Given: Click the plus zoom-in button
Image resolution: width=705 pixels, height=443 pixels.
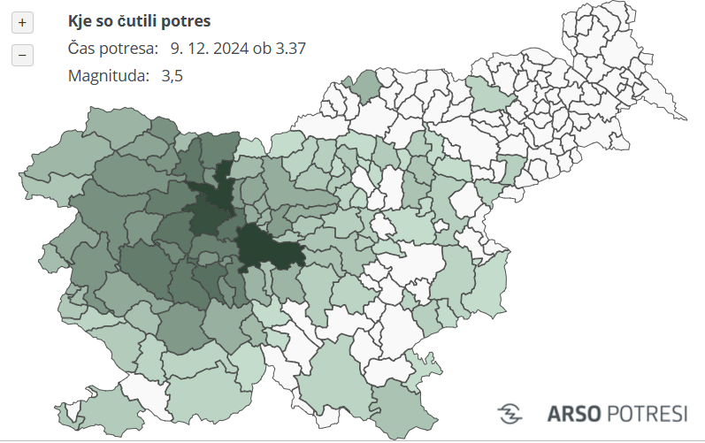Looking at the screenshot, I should tap(22, 21).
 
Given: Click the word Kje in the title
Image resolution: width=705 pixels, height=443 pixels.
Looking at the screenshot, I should tap(81, 20).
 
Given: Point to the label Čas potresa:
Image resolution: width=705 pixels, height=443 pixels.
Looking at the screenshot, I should tap(113, 48).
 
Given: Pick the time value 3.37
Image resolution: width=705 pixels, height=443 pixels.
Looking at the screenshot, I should tap(290, 48).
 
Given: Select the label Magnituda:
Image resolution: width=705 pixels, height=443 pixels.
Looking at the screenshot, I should tap(108, 76).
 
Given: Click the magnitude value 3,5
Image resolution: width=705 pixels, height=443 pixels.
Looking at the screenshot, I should tap(172, 76).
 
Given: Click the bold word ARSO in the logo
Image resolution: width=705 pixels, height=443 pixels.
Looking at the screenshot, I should tap(575, 413).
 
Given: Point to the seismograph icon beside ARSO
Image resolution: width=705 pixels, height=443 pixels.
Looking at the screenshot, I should tap(510, 413).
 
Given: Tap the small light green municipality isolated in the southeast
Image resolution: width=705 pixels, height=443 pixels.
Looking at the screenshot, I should tap(423, 362).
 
